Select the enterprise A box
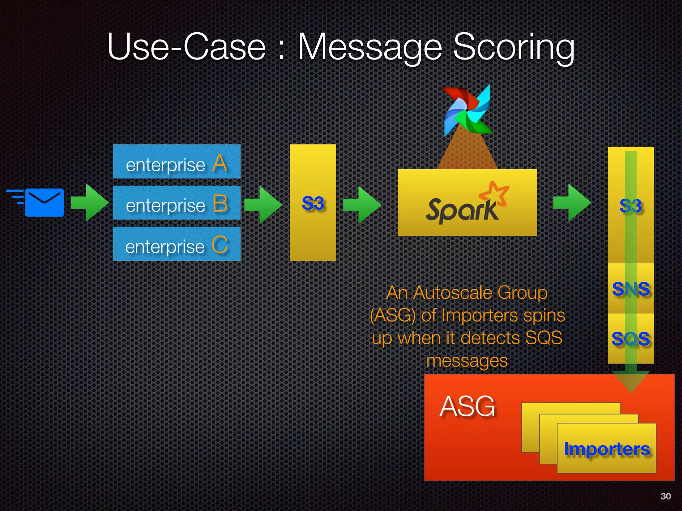176,162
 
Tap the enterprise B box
176,203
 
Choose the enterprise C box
176,244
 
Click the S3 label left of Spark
313,203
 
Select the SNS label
631,289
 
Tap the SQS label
630,339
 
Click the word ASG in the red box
467,406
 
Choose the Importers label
606,449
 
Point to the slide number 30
665,496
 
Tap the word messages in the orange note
467,361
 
